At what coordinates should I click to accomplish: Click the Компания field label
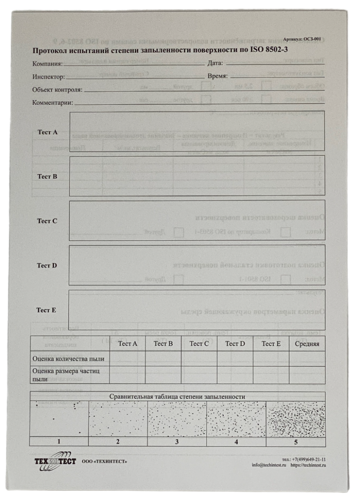[47, 64]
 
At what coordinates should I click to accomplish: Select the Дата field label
[215, 64]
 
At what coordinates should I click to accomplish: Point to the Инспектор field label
[48, 77]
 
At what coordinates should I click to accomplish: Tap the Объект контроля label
[57, 90]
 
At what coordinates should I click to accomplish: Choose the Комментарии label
[53, 103]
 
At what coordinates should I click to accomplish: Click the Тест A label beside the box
[47, 132]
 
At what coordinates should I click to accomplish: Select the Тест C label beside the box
[47, 221]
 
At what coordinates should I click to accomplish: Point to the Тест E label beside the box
[47, 310]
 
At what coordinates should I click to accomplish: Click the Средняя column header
[307, 344]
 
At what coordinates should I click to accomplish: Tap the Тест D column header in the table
[235, 344]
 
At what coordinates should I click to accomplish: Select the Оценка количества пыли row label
[70, 359]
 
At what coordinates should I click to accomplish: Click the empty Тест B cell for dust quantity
[163, 359]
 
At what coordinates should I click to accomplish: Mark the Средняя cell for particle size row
[307, 375]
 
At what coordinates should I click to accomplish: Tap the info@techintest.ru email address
[269, 465]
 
